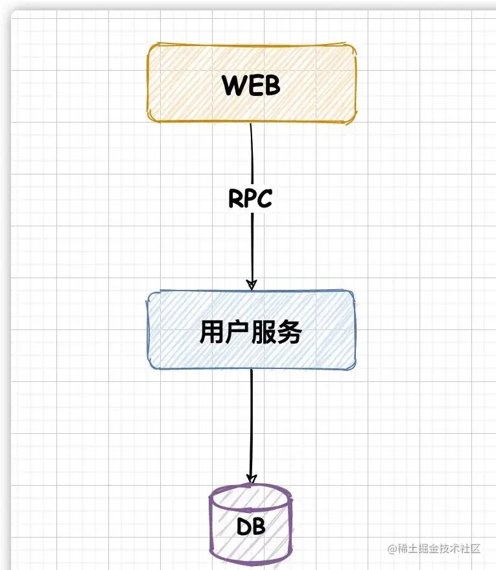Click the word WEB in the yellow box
(x=251, y=85)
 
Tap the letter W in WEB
(x=233, y=85)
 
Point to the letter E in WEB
(x=254, y=85)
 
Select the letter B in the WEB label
(x=271, y=85)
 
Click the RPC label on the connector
(x=250, y=199)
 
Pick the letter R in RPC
(x=235, y=199)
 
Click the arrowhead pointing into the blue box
(x=252, y=284)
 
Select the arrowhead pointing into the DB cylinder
(x=250, y=478)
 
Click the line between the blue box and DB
(x=251, y=422)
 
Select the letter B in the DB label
(x=259, y=527)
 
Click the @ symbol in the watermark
(x=393, y=549)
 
